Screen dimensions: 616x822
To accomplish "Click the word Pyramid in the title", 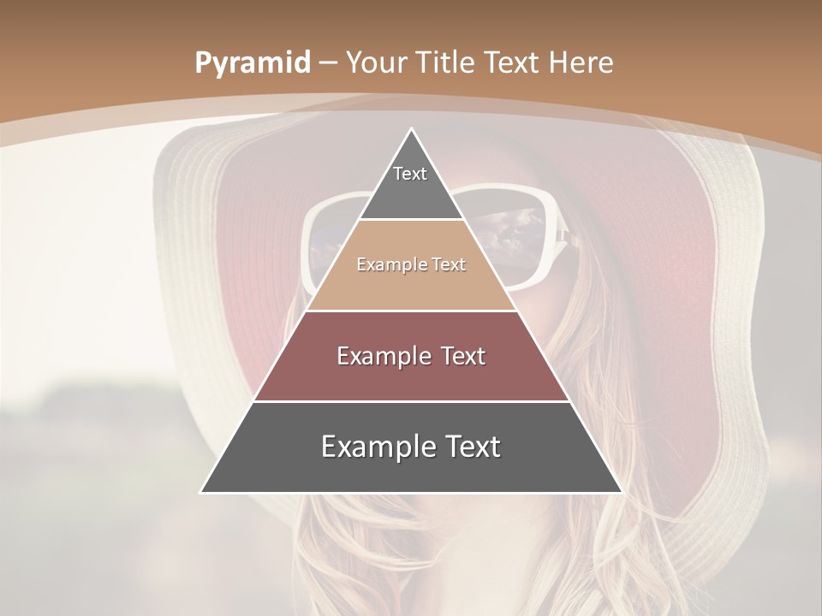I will pos(253,62).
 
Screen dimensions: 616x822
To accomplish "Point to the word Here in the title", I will pos(581,62).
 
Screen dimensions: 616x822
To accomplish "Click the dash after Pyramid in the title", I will pos(328,63).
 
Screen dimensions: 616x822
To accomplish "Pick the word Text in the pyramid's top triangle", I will pos(410,174).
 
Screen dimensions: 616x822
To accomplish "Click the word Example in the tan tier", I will pos(384,264).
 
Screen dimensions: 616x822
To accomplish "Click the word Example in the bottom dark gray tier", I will pos(373,447).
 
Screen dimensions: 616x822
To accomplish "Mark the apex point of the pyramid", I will pos(412,129).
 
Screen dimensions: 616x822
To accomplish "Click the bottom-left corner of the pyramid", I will pos(201,492).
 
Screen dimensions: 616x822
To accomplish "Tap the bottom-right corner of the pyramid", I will pos(622,492).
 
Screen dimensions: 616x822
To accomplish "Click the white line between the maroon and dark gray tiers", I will pos(412,401).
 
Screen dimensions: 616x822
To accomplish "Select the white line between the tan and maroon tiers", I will pos(412,311).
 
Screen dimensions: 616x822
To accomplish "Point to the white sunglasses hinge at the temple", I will pos(563,234).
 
